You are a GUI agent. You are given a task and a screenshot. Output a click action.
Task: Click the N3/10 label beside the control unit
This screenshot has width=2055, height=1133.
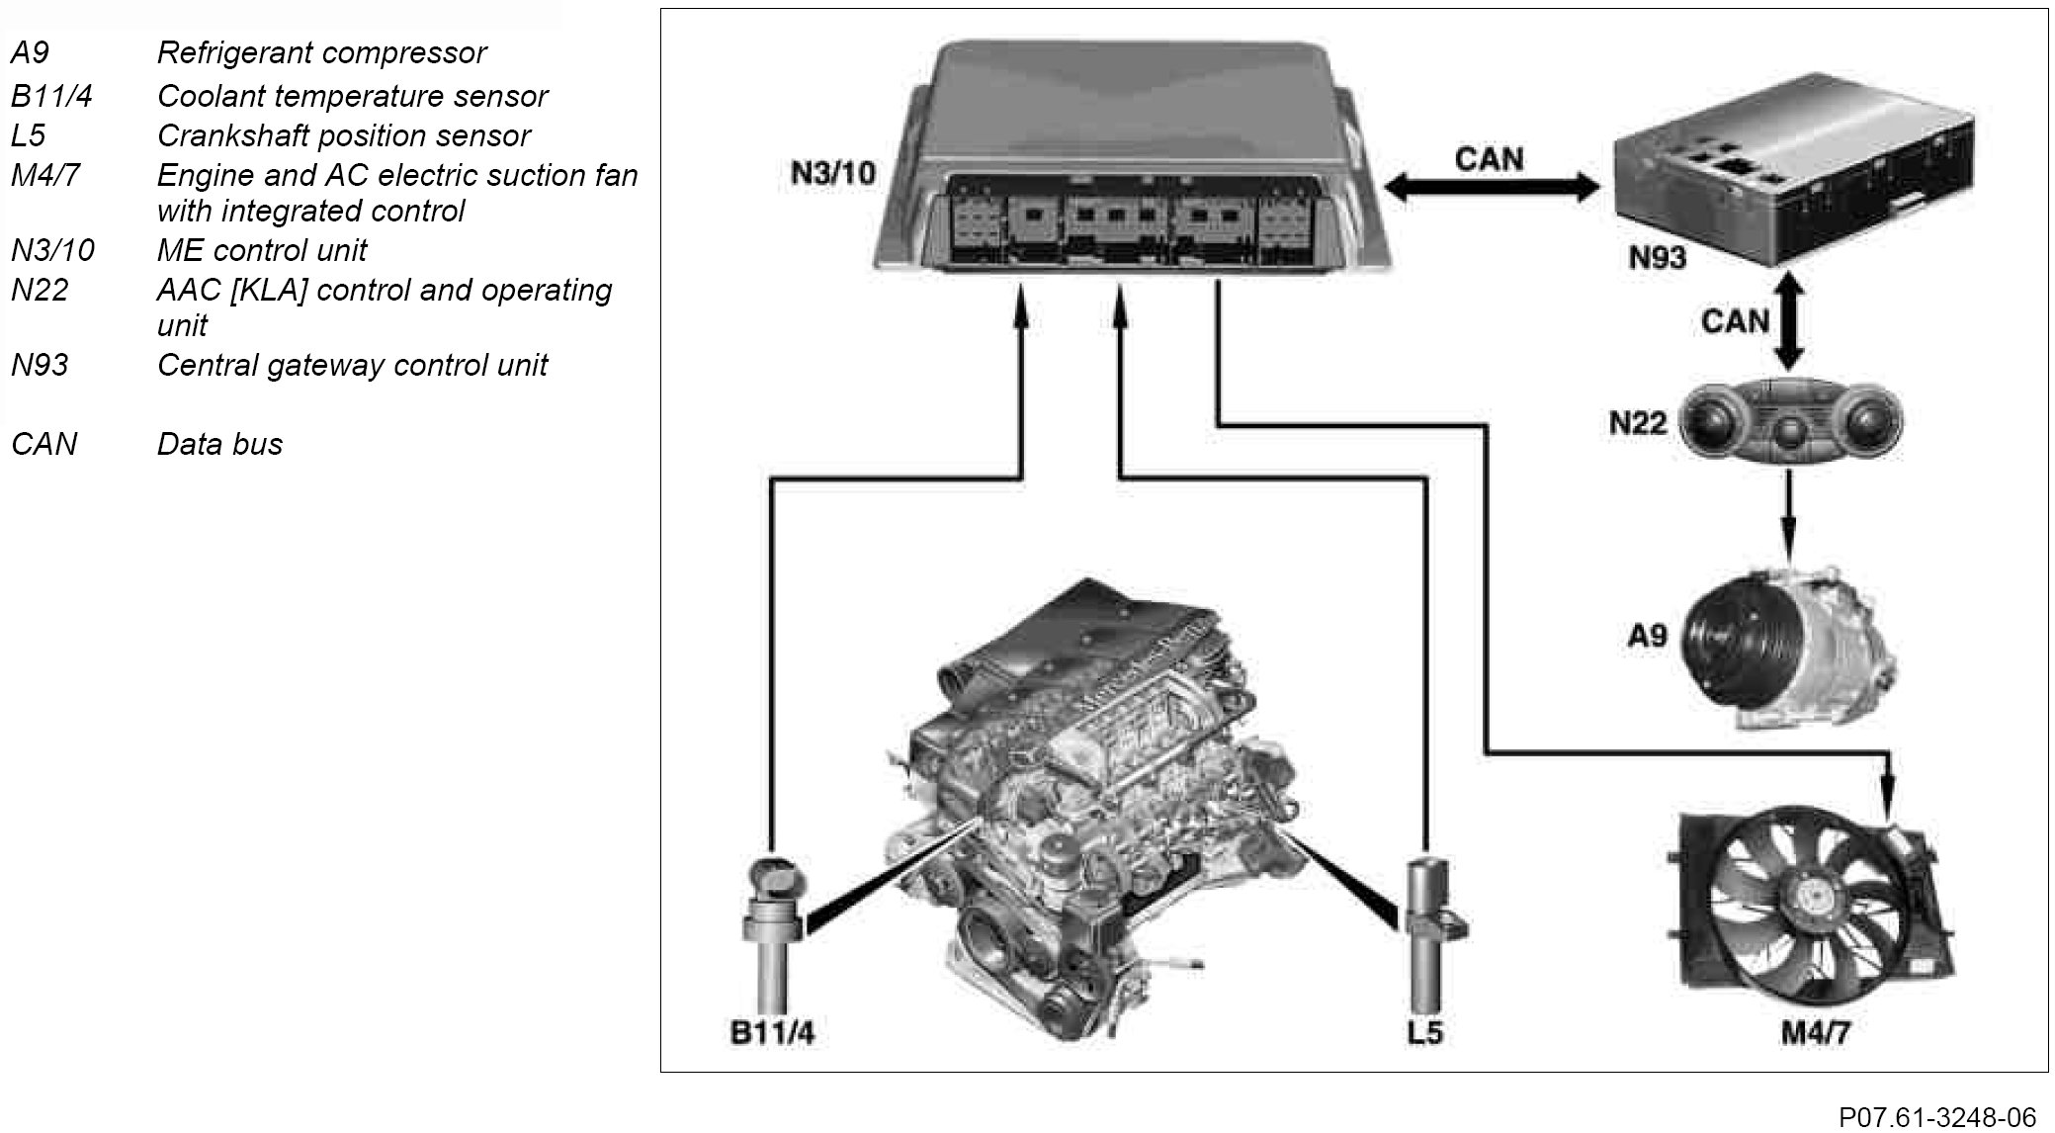[x=832, y=174]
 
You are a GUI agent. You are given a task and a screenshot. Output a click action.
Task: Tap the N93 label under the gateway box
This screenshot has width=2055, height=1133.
[x=1657, y=258]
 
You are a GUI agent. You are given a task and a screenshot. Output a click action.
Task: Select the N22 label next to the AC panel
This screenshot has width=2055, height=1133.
[x=1637, y=423]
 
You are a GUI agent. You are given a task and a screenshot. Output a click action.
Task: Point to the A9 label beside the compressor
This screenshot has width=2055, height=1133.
[x=1647, y=635]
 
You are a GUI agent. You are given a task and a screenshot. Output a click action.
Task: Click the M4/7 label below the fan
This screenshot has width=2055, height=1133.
[x=1814, y=1033]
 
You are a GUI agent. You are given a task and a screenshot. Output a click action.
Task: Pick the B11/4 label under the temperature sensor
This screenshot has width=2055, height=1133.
[x=772, y=1033]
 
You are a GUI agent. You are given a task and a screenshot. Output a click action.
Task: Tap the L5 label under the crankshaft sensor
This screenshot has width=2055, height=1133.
[x=1424, y=1033]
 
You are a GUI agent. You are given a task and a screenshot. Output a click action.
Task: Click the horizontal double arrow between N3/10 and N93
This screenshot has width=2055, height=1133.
[x=1492, y=187]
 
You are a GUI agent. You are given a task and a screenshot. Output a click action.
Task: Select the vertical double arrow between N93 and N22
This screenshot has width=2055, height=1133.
[x=1788, y=321]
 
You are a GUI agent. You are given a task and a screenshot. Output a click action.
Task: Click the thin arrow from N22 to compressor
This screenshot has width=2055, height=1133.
[x=1788, y=514]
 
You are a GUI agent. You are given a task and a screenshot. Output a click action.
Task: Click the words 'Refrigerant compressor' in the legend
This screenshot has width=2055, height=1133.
[x=321, y=52]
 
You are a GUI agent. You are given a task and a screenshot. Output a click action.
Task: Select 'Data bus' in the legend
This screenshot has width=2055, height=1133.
[x=219, y=444]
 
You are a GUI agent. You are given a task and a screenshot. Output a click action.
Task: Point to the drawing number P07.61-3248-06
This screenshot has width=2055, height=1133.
[x=1936, y=1117]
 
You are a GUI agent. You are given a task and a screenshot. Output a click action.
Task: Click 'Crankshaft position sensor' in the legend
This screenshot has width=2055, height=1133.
[x=343, y=135]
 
